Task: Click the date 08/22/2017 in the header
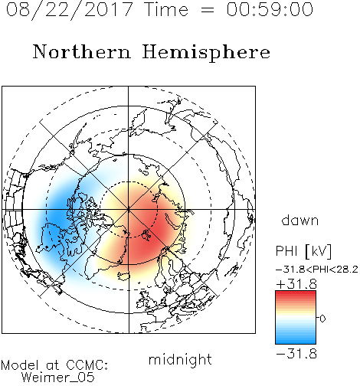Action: click(x=70, y=10)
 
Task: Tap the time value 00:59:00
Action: click(x=270, y=9)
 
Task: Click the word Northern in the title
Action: click(x=82, y=51)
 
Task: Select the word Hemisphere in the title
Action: click(x=206, y=53)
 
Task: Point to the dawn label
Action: click(x=300, y=220)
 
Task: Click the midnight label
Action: click(x=180, y=359)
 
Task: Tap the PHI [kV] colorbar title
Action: click(x=303, y=251)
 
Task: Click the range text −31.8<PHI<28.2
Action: click(x=317, y=270)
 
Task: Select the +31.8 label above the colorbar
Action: click(x=296, y=284)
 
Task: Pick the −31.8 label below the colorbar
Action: click(x=296, y=354)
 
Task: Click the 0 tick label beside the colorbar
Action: click(x=322, y=319)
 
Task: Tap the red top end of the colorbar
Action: click(x=296, y=293)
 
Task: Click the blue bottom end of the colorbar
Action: click(x=296, y=342)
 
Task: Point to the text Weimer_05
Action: click(x=58, y=378)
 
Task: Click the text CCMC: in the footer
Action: click(x=87, y=365)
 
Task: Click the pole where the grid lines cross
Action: click(x=129, y=209)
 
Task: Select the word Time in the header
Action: click(x=166, y=9)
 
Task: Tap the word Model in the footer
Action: click(x=20, y=365)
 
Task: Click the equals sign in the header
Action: click(x=207, y=10)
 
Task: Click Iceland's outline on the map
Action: click(x=124, y=276)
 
